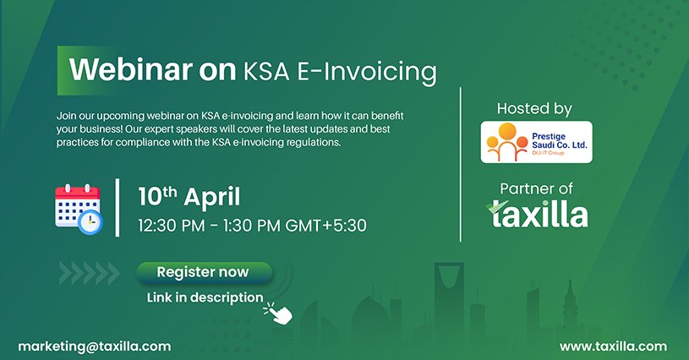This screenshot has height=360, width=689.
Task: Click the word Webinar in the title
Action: point(130,69)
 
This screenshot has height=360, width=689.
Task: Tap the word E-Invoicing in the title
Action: point(367,73)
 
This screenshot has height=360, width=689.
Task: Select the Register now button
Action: point(205,272)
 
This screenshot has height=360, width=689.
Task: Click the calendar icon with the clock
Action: point(79,210)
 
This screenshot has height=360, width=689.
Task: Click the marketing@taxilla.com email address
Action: point(95,346)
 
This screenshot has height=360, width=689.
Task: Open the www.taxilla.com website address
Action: point(613,346)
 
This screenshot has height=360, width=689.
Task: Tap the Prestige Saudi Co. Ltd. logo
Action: point(536,142)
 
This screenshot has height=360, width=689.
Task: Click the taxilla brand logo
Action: point(537,215)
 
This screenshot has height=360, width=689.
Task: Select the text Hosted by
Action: point(534,109)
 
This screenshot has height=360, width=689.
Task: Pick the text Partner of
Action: point(536,188)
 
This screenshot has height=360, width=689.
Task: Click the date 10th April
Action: point(189,196)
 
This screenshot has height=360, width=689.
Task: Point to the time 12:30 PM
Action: point(172,226)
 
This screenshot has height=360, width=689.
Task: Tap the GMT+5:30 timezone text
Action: point(325,226)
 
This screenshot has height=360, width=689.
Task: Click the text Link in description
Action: point(205,297)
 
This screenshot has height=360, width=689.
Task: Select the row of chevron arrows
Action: point(90,273)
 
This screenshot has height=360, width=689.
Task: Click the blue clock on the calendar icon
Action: point(90,222)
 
